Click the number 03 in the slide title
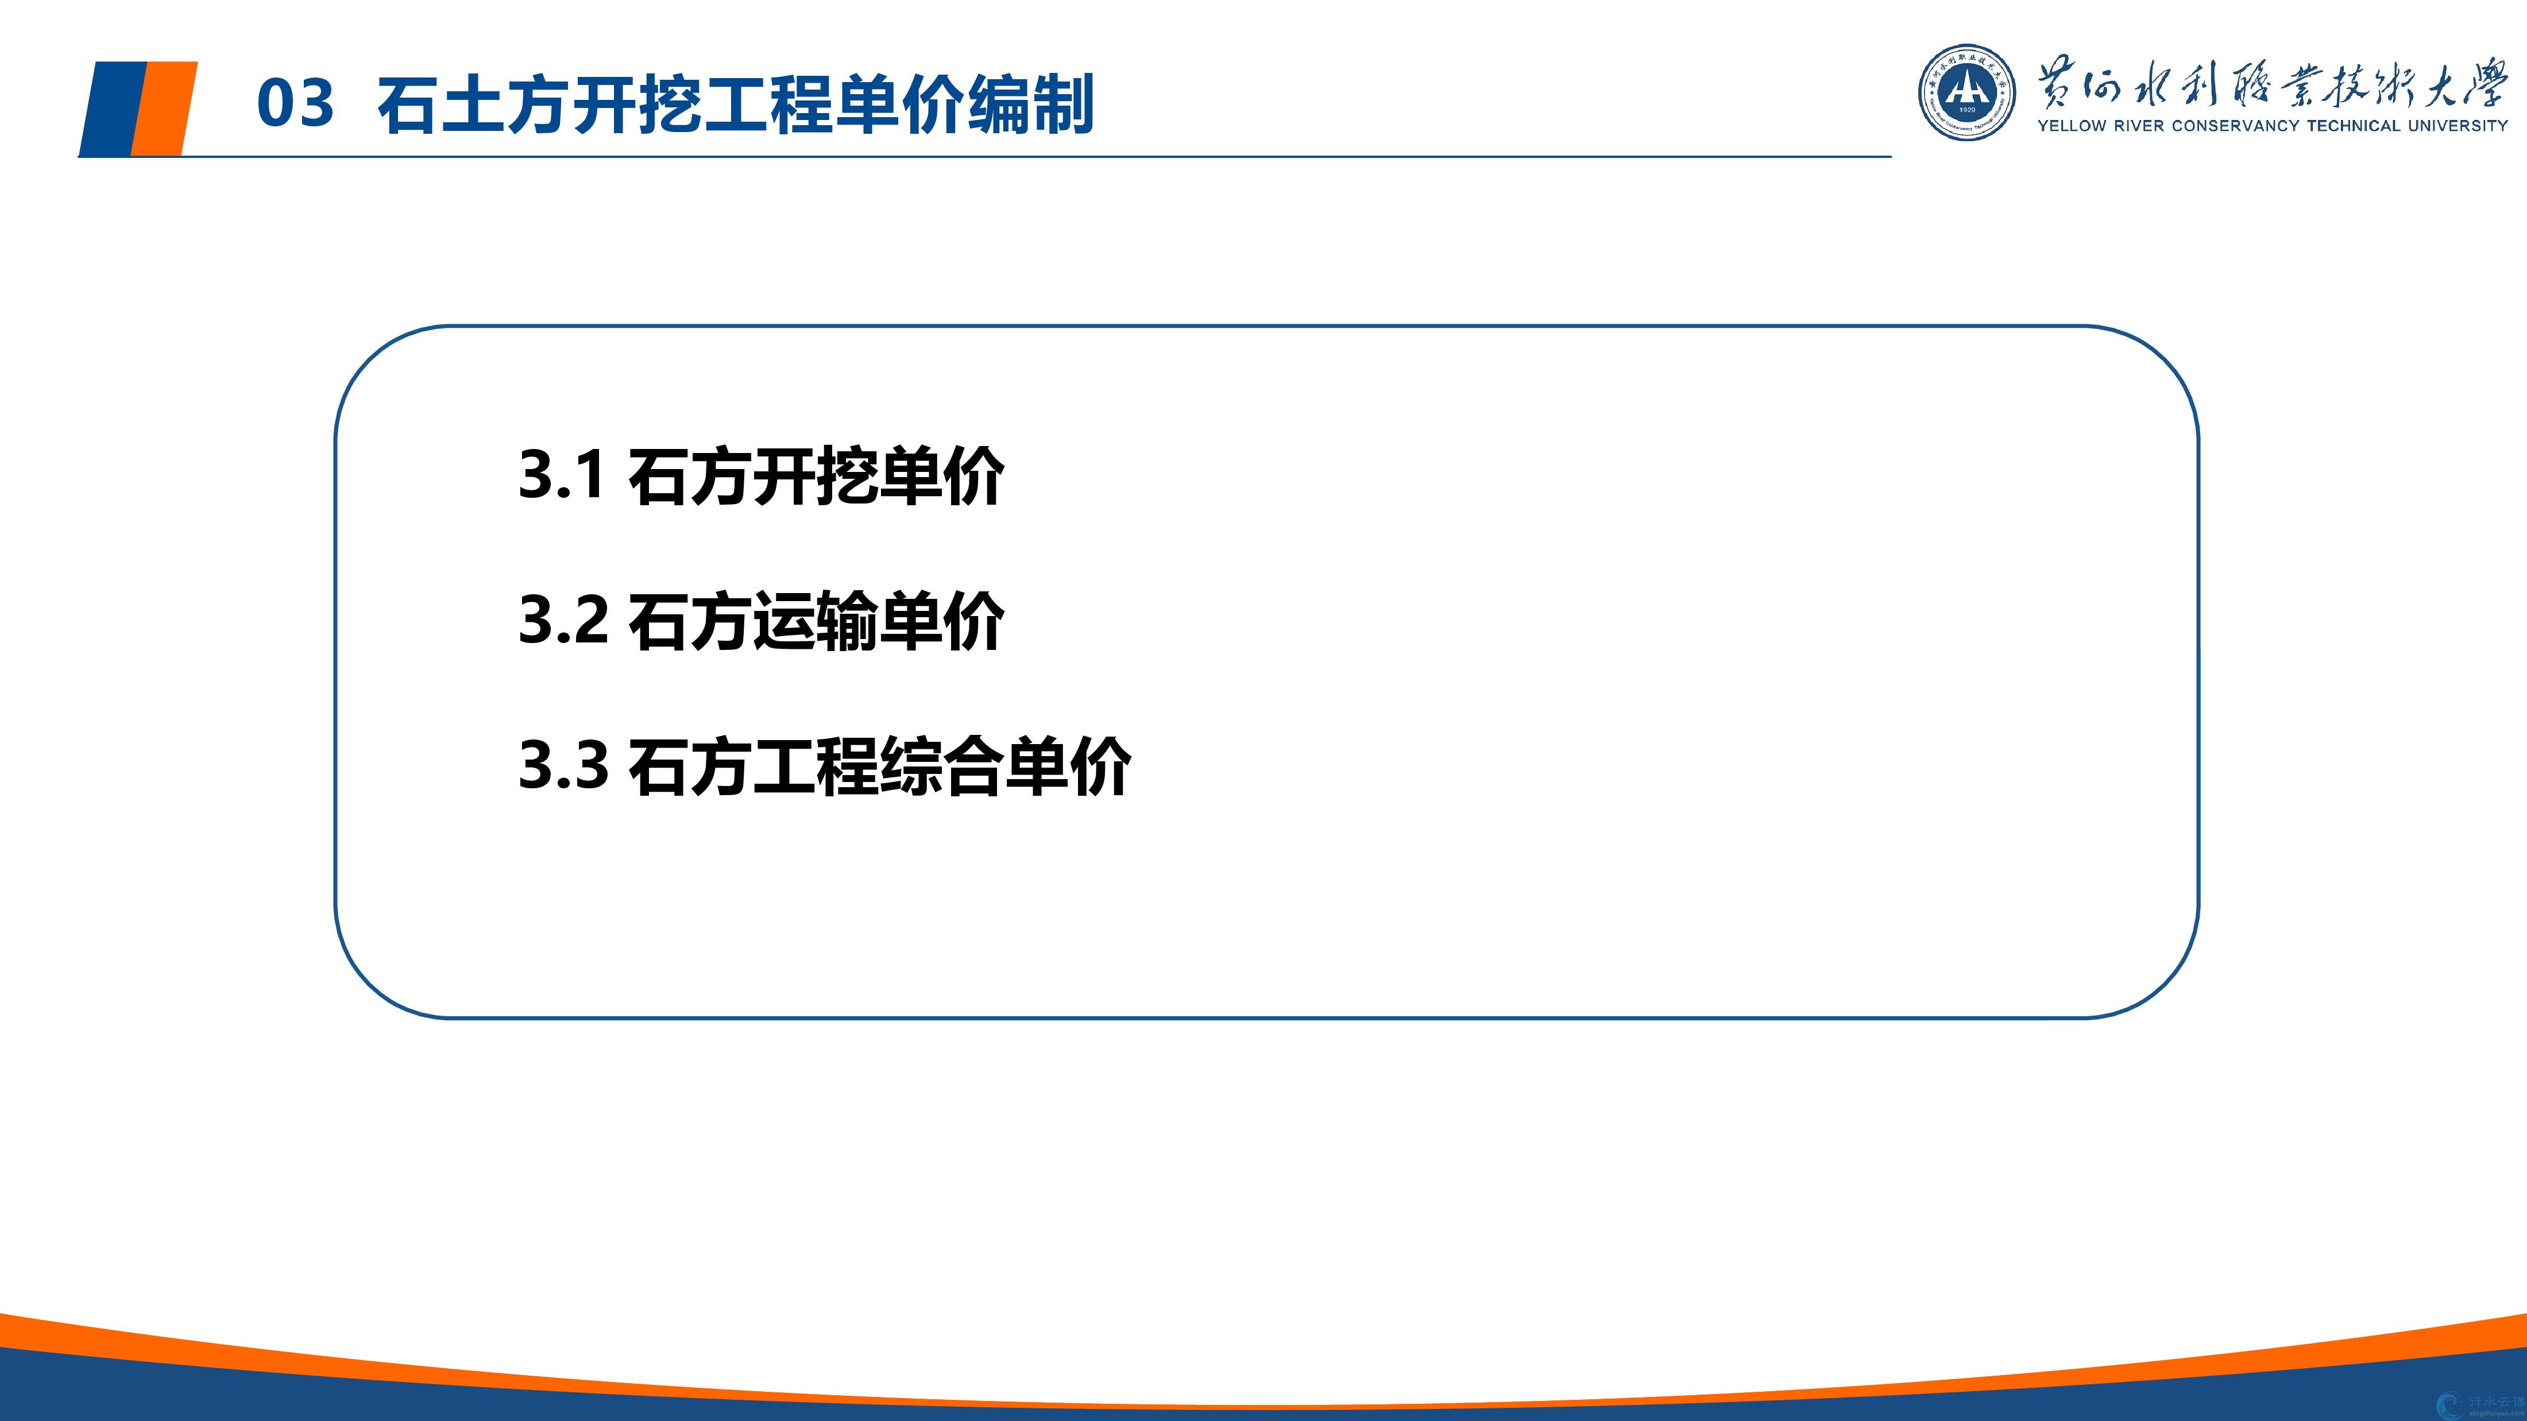295,103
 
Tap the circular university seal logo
1967,92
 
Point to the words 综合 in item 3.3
942,766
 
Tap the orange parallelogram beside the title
164,108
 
